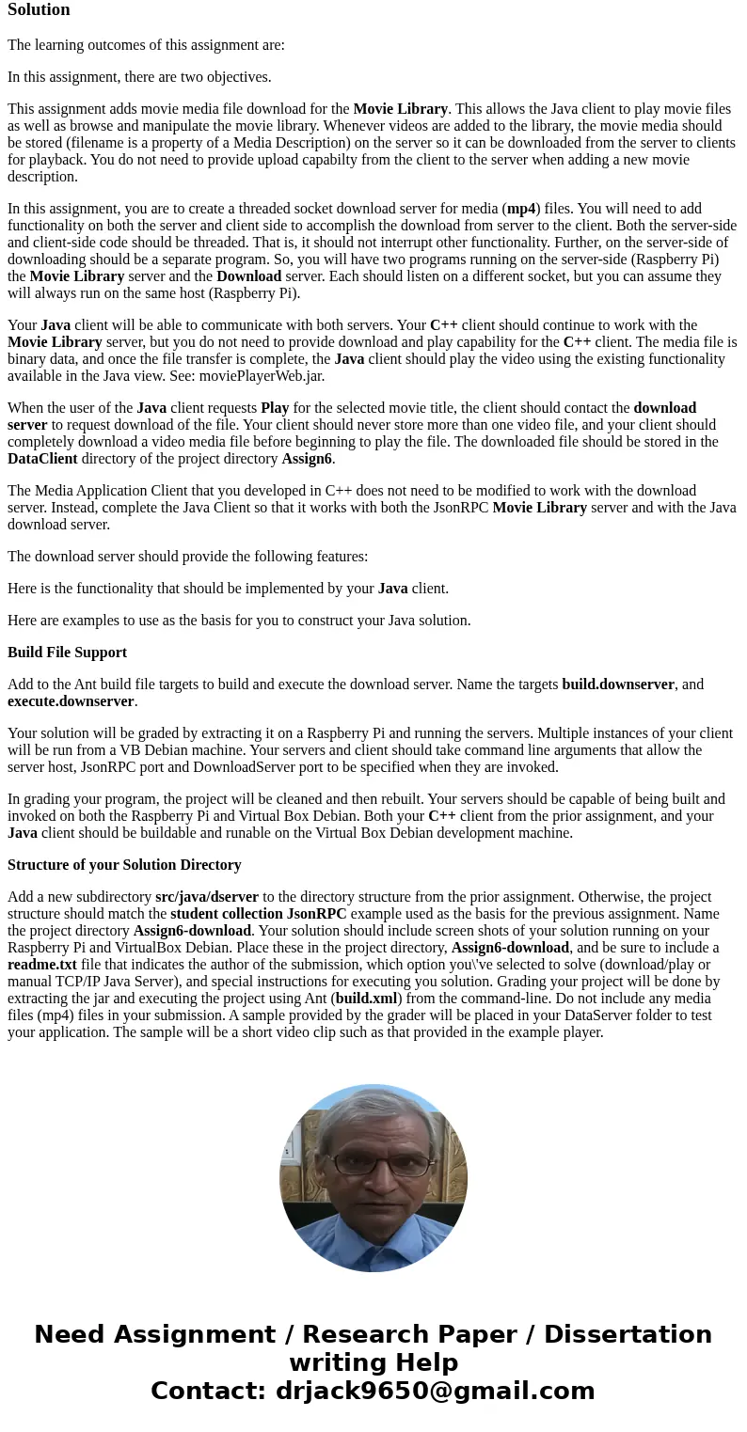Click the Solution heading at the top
pos(39,9)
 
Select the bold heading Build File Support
pos(67,653)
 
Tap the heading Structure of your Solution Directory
pos(124,865)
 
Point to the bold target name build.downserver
pos(618,685)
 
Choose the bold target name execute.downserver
pos(71,701)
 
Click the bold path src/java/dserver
pos(207,897)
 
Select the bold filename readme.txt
pos(42,965)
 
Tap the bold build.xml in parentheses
pos(367,999)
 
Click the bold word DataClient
pos(42,459)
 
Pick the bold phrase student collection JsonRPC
pos(258,914)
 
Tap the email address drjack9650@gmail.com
pos(435,1391)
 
